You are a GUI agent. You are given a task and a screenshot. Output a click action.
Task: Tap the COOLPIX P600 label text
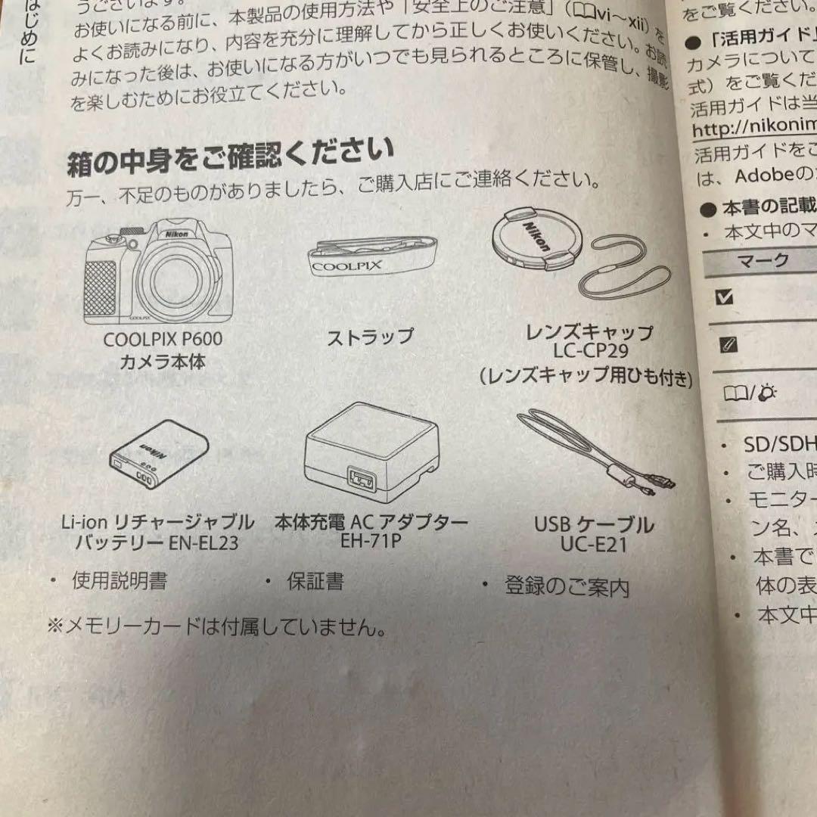pyautogui.click(x=163, y=340)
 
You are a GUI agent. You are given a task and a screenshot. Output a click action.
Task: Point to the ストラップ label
pyautogui.click(x=370, y=337)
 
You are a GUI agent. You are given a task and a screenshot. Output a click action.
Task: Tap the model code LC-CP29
pyautogui.click(x=590, y=352)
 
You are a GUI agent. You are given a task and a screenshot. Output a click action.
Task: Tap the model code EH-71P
pyautogui.click(x=371, y=542)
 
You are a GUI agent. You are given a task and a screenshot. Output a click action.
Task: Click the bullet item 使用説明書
pyautogui.click(x=119, y=580)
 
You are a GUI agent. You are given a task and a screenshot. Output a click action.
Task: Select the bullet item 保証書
pyautogui.click(x=314, y=581)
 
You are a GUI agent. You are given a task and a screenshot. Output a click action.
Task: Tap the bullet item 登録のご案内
pyautogui.click(x=566, y=586)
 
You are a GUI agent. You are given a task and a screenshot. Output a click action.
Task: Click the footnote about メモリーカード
pyautogui.click(x=216, y=626)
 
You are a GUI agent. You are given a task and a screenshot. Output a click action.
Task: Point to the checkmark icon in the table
pyautogui.click(x=724, y=297)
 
